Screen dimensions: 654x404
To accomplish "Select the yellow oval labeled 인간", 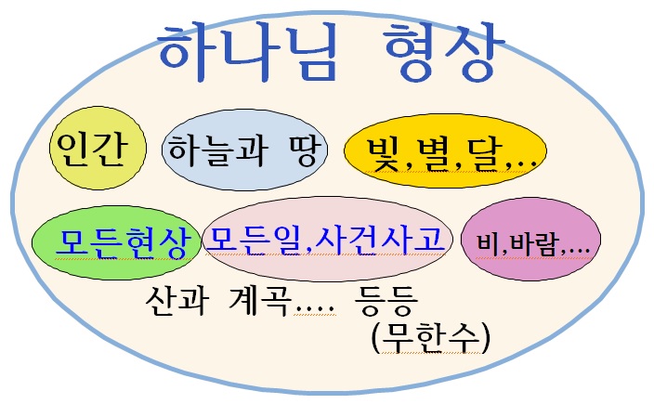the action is (x=98, y=148).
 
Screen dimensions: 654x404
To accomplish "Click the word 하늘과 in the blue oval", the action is (x=216, y=150).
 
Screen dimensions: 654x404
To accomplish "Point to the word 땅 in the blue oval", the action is (x=306, y=150).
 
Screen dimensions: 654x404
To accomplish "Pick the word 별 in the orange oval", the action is (x=433, y=155).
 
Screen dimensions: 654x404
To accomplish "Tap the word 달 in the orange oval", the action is (x=483, y=155).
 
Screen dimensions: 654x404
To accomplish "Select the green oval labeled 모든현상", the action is (x=116, y=242).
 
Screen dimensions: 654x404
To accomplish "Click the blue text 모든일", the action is (x=254, y=240).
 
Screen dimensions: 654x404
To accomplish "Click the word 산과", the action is (x=176, y=300).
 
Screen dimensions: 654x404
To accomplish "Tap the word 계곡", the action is (x=258, y=300).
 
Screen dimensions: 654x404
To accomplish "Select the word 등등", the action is (x=386, y=300).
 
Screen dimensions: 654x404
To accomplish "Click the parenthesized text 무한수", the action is (x=430, y=338).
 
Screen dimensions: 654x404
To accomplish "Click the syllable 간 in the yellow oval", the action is (x=110, y=149).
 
